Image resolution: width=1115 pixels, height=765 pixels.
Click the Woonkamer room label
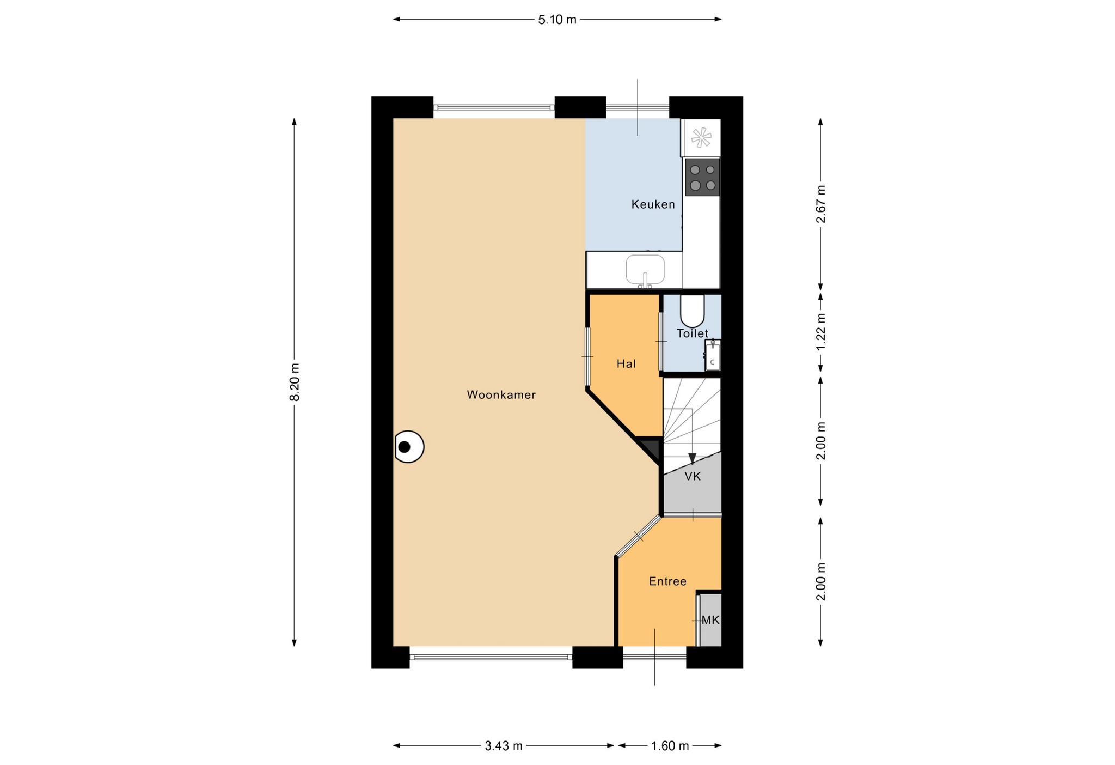coord(501,395)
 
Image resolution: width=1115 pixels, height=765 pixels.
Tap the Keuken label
coord(653,204)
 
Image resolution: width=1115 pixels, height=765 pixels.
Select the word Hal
coord(626,363)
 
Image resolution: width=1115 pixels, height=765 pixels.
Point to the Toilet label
coord(693,333)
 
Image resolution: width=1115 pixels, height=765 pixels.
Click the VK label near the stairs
coord(693,476)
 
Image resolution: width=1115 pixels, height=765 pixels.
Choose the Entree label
coord(667,581)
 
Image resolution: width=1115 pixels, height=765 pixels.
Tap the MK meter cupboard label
coord(710,620)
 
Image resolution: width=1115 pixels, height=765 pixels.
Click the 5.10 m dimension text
coord(557,20)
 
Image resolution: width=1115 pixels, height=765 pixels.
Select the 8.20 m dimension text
coord(295,382)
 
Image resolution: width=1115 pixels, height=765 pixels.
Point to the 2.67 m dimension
coord(820,204)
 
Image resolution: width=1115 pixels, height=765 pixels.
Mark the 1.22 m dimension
coord(820,332)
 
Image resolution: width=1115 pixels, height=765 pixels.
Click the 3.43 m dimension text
coord(504,746)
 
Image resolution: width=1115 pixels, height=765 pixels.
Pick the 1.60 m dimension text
coord(670,746)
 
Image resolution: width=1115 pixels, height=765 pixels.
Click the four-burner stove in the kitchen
coord(702,177)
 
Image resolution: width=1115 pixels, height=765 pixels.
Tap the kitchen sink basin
coord(645,270)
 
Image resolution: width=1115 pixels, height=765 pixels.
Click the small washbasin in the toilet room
coord(713,355)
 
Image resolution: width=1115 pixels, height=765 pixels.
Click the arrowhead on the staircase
coord(692,459)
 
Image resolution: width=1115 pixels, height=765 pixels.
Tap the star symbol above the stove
coord(701,137)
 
